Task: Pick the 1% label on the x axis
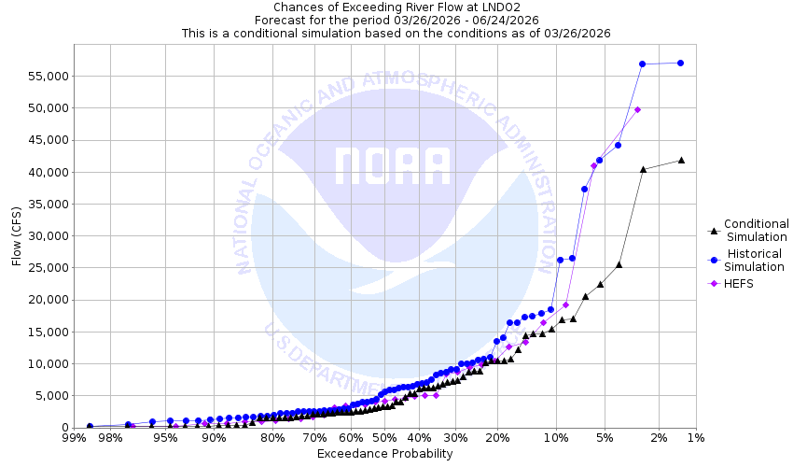695,437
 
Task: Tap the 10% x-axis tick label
556,437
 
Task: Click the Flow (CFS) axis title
17,235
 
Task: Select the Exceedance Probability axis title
384,454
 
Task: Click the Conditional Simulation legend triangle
714,230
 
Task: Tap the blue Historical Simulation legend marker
714,261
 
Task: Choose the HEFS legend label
739,284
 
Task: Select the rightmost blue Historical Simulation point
680,63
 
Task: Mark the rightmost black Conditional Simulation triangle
681,160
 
